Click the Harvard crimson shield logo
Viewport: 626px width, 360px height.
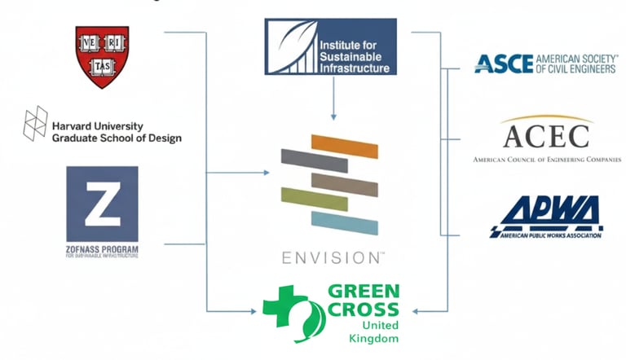(x=102, y=57)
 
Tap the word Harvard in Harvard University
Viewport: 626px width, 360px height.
(x=73, y=126)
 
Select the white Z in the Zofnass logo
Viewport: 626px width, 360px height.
(x=102, y=206)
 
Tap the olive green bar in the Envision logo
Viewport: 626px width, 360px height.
(x=314, y=198)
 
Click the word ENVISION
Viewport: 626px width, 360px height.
(x=329, y=258)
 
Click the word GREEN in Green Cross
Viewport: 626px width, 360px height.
(x=362, y=292)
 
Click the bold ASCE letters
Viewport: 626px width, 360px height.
(x=503, y=64)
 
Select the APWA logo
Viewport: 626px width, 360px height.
(x=545, y=216)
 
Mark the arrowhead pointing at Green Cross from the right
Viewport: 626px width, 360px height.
(x=418, y=310)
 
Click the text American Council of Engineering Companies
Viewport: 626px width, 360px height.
(x=546, y=160)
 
